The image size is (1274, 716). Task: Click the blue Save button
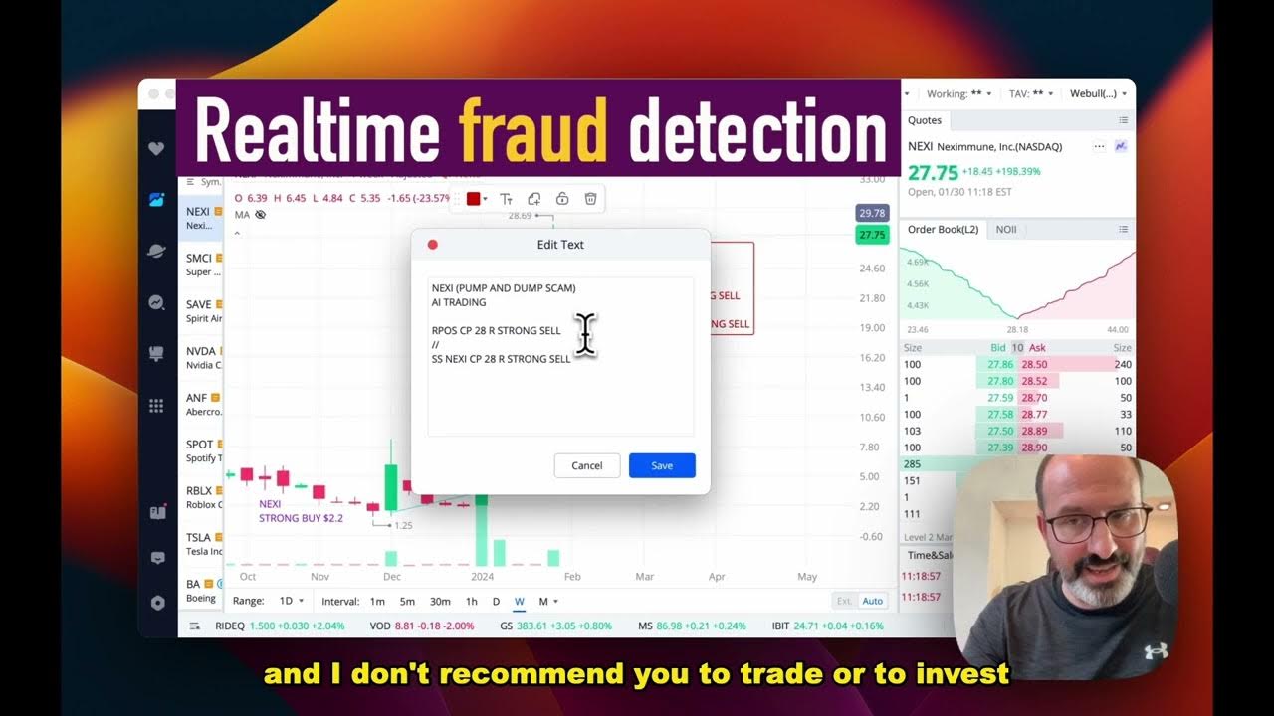click(662, 465)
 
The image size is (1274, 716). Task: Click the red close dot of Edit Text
click(432, 245)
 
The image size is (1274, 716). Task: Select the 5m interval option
click(407, 601)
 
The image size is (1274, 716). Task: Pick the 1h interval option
click(472, 601)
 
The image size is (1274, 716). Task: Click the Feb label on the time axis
click(572, 576)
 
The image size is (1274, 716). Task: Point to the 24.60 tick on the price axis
click(871, 268)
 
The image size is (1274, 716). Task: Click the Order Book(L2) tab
click(943, 230)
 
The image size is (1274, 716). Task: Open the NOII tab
click(1006, 230)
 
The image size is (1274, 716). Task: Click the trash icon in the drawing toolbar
click(590, 199)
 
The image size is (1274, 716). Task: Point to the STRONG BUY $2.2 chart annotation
click(301, 518)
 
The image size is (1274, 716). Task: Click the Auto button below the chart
click(873, 601)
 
